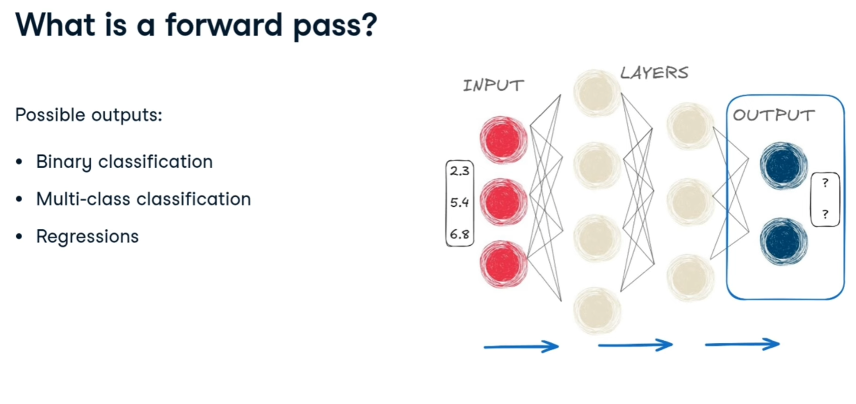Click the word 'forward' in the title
224,25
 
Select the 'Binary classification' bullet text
124,161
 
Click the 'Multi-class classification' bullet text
143,199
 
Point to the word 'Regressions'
88,236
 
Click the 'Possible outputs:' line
89,115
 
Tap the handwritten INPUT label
493,85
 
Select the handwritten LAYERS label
654,73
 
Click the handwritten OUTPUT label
773,115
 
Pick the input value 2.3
460,171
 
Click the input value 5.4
460,203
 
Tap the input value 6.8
460,234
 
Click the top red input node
503,139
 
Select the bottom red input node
503,264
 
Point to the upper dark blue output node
783,165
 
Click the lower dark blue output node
783,241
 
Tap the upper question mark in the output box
825,183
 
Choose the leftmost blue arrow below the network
521,346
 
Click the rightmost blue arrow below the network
742,344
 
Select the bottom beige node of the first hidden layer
597,311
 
